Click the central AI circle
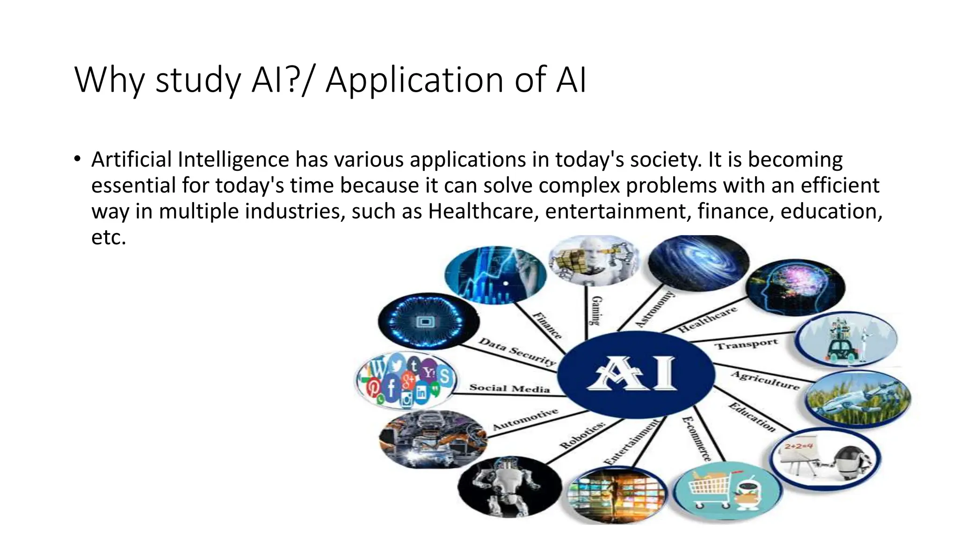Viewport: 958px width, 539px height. [x=636, y=374]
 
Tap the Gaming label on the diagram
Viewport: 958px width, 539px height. [x=596, y=311]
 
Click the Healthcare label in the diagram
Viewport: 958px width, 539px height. [x=707, y=319]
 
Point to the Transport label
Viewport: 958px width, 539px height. [x=746, y=344]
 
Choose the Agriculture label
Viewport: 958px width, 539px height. [x=765, y=380]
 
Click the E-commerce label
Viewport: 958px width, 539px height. [x=697, y=439]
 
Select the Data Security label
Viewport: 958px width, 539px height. [x=516, y=351]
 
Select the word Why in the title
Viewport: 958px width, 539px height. [x=109, y=80]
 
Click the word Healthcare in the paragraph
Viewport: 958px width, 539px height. [x=480, y=211]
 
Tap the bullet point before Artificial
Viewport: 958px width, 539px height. [x=77, y=159]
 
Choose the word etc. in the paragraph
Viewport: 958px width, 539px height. [x=109, y=237]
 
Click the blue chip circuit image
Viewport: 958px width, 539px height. [x=428, y=321]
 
